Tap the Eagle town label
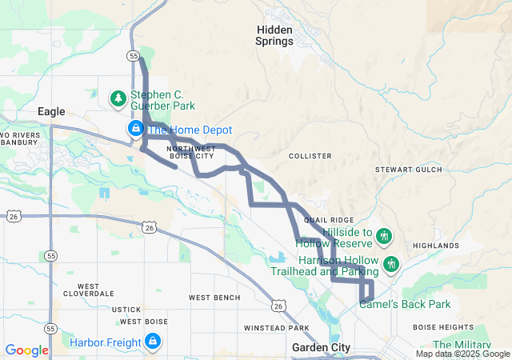tap(51, 112)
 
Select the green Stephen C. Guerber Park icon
tap(118, 98)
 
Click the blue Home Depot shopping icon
tap(136, 130)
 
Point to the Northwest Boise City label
tap(191, 152)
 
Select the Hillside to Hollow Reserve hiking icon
tap(384, 236)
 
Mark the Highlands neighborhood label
tap(436, 246)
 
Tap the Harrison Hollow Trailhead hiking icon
tap(390, 263)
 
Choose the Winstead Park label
tap(276, 328)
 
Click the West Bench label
tap(214, 298)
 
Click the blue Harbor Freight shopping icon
tap(152, 343)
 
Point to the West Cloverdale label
tap(99, 290)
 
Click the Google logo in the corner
tap(27, 350)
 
